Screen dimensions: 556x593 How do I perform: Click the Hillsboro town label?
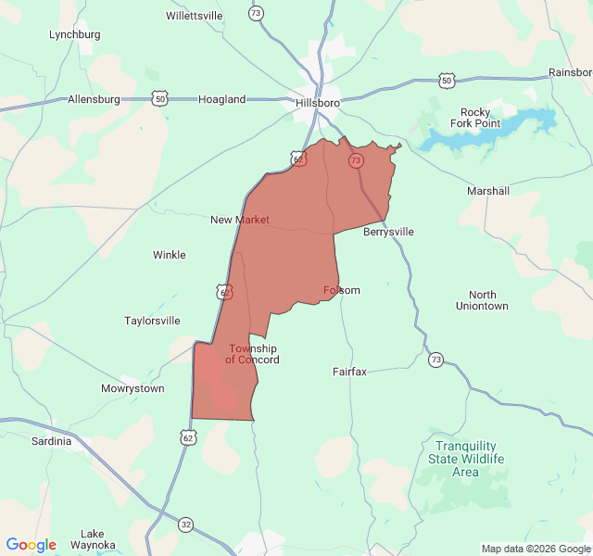(318, 103)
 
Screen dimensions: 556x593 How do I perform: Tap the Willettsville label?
(195, 16)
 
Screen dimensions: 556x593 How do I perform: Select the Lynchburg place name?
(74, 34)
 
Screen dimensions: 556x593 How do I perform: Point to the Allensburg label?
(95, 99)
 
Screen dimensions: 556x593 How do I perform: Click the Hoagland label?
(222, 99)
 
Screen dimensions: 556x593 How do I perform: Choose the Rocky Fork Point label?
(475, 118)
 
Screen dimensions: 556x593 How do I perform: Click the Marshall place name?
(488, 191)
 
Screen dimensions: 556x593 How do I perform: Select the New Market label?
(240, 220)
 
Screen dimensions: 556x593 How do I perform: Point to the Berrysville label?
(388, 232)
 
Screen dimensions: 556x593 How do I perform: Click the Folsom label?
(342, 290)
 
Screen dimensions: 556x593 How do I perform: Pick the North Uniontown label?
(482, 300)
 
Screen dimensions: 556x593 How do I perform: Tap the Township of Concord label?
(252, 354)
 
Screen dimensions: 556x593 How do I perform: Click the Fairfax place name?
(349, 372)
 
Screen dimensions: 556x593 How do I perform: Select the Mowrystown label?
(132, 388)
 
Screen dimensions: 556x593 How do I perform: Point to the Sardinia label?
(51, 441)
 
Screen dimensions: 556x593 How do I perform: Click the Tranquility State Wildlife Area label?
(466, 459)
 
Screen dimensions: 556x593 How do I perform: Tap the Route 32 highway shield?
(186, 524)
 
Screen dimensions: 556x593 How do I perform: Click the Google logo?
(32, 545)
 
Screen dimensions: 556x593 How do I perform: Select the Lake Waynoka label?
(93, 539)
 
